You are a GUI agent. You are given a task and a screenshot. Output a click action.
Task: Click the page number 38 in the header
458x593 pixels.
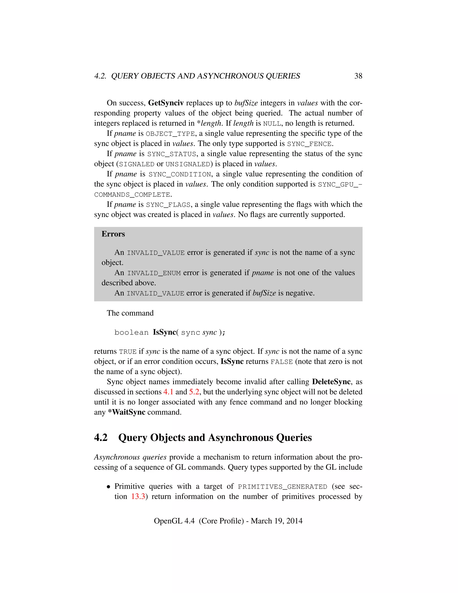tap(358, 76)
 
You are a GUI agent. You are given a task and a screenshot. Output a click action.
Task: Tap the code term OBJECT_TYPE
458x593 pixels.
tap(170, 134)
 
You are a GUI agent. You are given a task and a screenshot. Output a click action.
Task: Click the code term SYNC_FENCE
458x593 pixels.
tap(309, 144)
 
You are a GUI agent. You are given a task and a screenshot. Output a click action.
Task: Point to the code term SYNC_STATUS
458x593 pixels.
tap(172, 154)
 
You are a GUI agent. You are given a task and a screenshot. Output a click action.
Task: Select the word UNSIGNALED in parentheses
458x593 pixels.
tap(188, 164)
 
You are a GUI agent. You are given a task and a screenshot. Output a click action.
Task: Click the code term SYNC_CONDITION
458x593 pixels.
tap(180, 174)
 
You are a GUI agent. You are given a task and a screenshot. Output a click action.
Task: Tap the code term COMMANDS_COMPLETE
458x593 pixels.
tap(132, 195)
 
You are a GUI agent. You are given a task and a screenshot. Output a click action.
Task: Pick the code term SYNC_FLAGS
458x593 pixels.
tap(168, 205)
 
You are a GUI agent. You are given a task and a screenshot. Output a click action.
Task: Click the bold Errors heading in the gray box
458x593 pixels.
tap(113, 234)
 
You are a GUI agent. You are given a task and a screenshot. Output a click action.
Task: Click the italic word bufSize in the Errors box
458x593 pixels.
tap(264, 293)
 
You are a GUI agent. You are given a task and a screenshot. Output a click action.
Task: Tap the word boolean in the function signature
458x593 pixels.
tap(131, 333)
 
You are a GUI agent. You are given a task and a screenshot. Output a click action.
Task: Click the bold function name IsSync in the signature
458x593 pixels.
tap(164, 332)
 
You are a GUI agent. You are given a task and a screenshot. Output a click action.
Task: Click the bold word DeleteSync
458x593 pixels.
tap(331, 382)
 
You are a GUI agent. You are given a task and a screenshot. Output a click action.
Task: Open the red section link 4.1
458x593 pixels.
tap(168, 392)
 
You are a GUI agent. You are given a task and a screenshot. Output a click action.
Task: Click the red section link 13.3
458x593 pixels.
tap(138, 497)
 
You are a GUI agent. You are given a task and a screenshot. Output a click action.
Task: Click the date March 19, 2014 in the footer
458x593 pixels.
tap(276, 521)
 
